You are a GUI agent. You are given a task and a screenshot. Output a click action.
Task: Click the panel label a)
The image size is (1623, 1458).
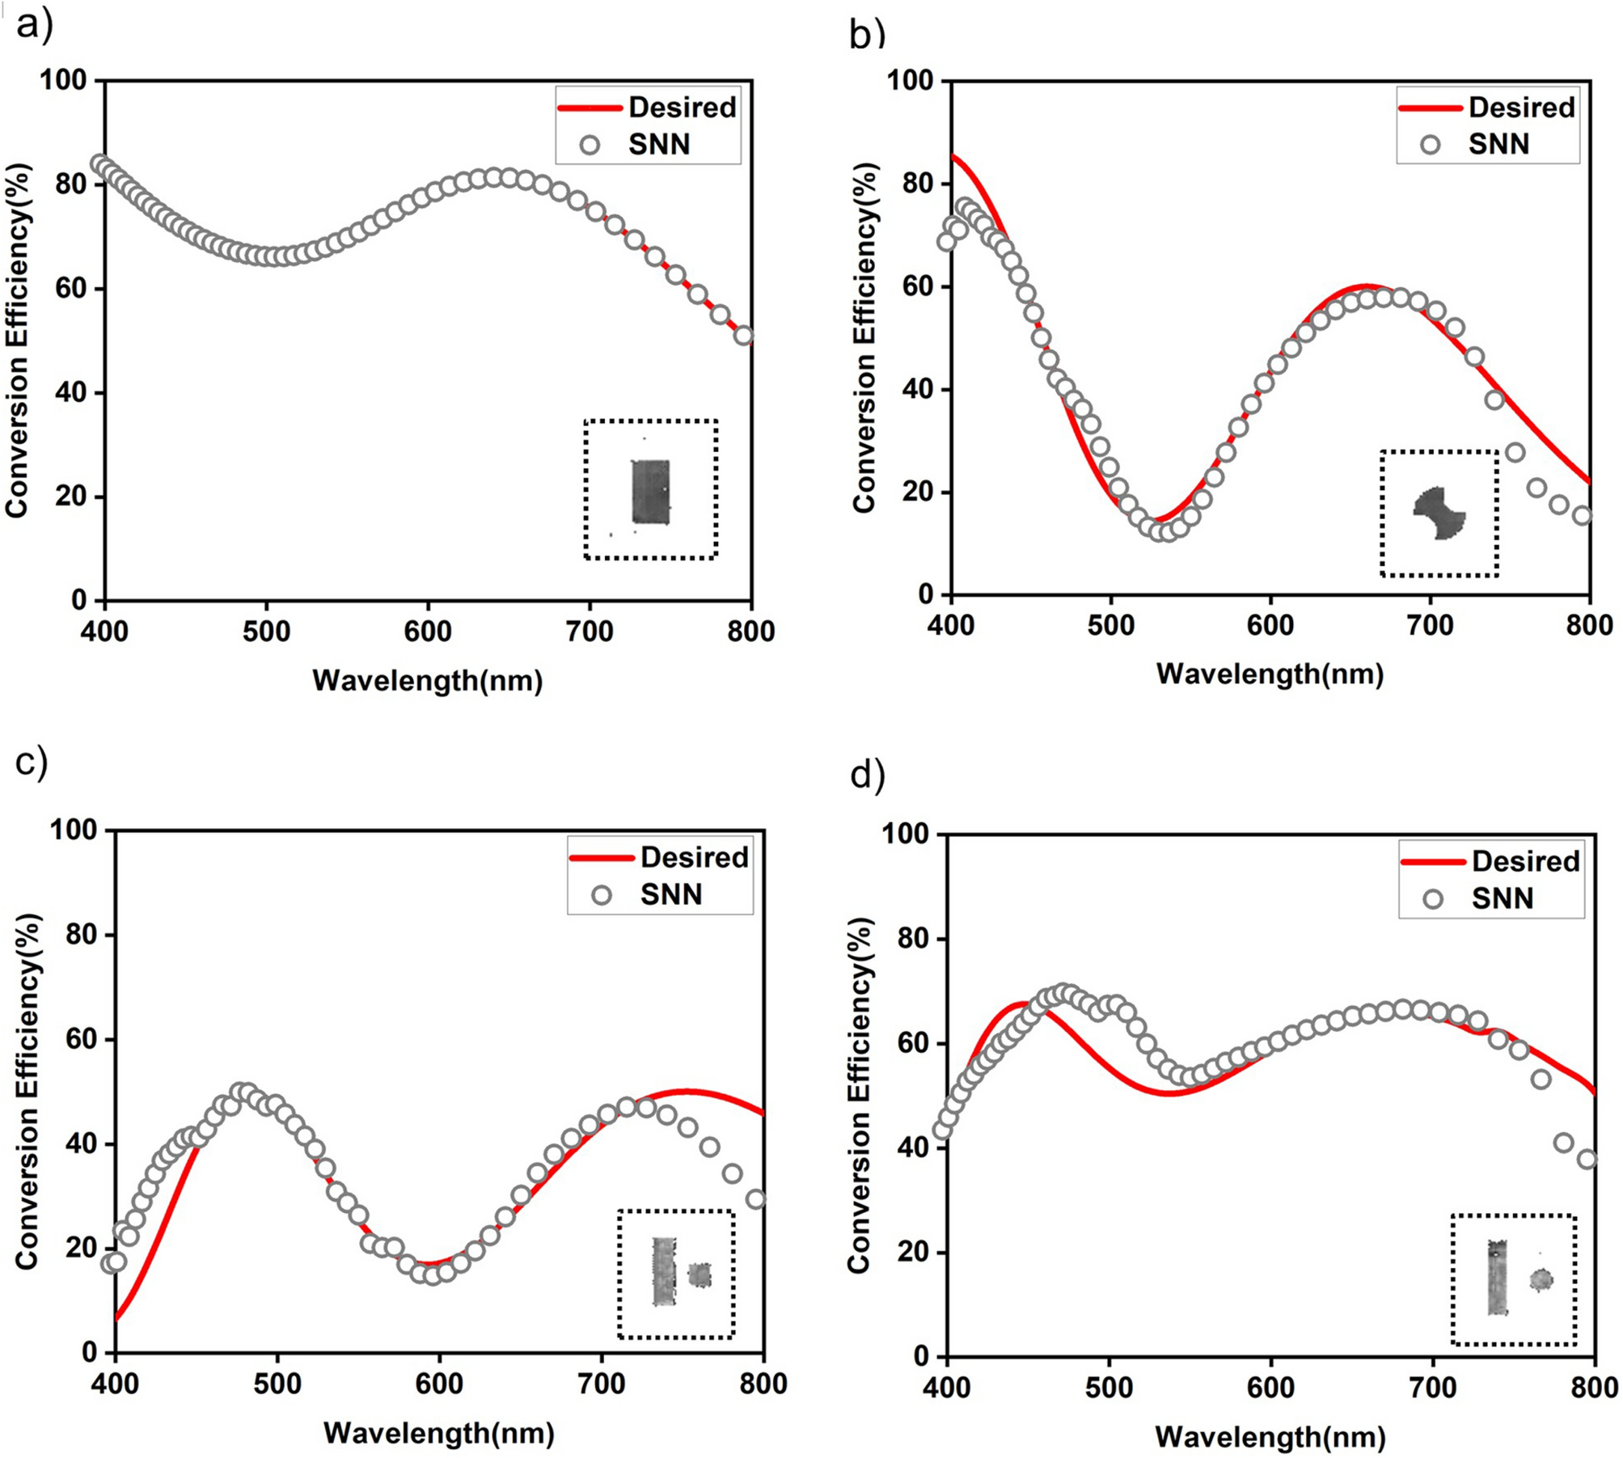tap(34, 26)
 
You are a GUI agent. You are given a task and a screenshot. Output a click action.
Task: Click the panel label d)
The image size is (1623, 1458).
tap(867, 775)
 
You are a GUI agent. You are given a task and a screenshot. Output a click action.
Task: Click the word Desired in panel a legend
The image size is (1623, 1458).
tap(682, 108)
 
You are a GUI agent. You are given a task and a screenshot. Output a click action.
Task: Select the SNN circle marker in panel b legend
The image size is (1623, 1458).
tap(1431, 145)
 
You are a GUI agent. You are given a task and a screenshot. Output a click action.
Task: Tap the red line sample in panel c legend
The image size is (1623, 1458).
tap(601, 858)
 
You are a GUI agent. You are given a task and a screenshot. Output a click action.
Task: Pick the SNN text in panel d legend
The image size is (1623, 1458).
tap(1502, 898)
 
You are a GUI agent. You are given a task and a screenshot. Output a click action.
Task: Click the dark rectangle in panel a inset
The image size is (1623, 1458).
tap(650, 492)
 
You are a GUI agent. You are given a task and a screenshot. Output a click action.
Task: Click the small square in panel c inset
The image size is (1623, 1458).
tap(699, 1275)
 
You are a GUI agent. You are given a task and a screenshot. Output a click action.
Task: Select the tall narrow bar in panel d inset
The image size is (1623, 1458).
tap(1497, 1277)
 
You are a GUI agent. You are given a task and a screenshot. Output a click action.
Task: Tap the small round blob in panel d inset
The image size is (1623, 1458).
tap(1541, 1279)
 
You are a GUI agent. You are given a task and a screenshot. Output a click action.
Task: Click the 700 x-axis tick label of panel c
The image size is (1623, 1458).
tap(602, 1383)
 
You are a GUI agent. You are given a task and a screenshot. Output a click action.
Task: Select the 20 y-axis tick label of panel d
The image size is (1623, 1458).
tap(915, 1252)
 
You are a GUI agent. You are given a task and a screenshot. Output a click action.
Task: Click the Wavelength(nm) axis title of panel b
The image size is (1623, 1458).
tap(1270, 673)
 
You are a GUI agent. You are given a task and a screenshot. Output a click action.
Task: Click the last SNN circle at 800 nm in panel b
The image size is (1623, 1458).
tap(1582, 516)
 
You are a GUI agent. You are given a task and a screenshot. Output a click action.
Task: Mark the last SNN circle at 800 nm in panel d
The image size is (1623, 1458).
tap(1587, 1159)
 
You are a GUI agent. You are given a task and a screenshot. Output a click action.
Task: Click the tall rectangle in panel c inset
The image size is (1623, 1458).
tap(664, 1271)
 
